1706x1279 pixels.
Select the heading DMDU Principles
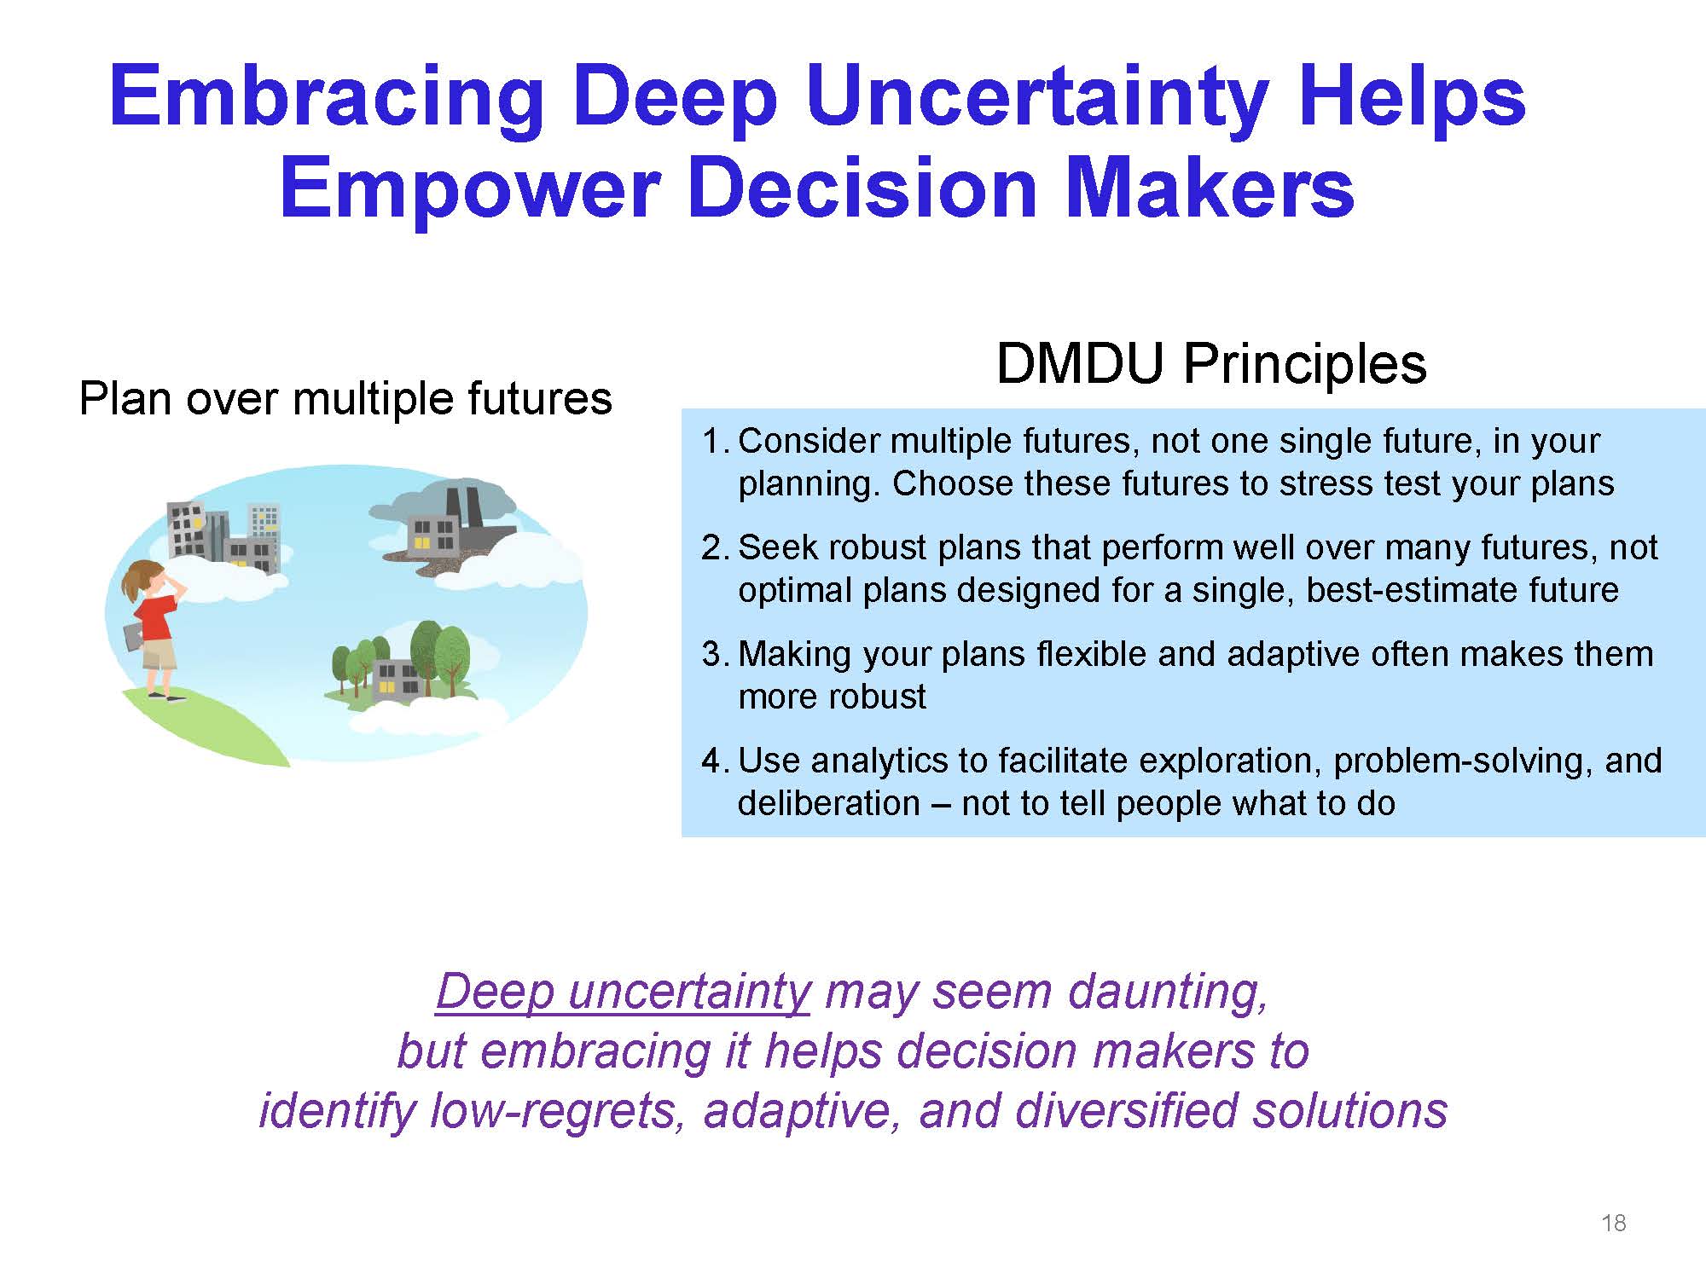(1211, 364)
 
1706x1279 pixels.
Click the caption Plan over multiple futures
(345, 399)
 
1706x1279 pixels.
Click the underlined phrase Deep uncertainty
(623, 993)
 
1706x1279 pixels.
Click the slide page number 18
(1614, 1224)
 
